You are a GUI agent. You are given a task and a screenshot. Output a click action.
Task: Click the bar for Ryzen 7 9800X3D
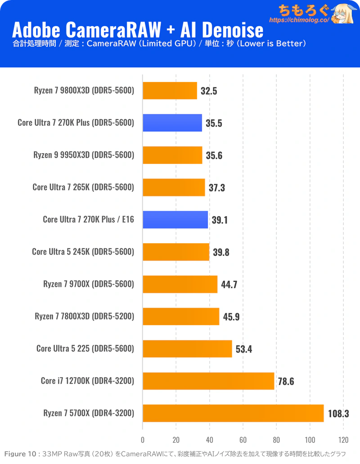(170, 91)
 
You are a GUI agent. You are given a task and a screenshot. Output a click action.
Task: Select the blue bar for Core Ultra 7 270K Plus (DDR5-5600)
(172, 123)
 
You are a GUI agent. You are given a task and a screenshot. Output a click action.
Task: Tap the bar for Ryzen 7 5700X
(233, 413)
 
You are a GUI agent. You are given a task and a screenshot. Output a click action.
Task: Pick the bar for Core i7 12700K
(208, 381)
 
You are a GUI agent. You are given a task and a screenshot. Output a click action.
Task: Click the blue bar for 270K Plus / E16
(175, 220)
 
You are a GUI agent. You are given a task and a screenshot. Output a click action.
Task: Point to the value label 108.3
(338, 413)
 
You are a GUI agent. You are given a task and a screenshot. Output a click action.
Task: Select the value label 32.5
(209, 91)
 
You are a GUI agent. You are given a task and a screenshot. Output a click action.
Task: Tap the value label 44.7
(229, 284)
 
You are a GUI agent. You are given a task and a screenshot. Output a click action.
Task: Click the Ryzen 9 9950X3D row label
(84, 155)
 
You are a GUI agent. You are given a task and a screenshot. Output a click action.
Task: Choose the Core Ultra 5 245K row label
(83, 252)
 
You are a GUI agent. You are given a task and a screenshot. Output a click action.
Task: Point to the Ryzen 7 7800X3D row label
(85, 317)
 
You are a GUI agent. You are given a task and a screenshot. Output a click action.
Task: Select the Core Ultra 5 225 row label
(85, 349)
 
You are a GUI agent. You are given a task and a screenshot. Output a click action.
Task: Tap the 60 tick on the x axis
(243, 440)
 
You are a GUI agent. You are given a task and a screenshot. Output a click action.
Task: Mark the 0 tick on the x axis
(143, 440)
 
